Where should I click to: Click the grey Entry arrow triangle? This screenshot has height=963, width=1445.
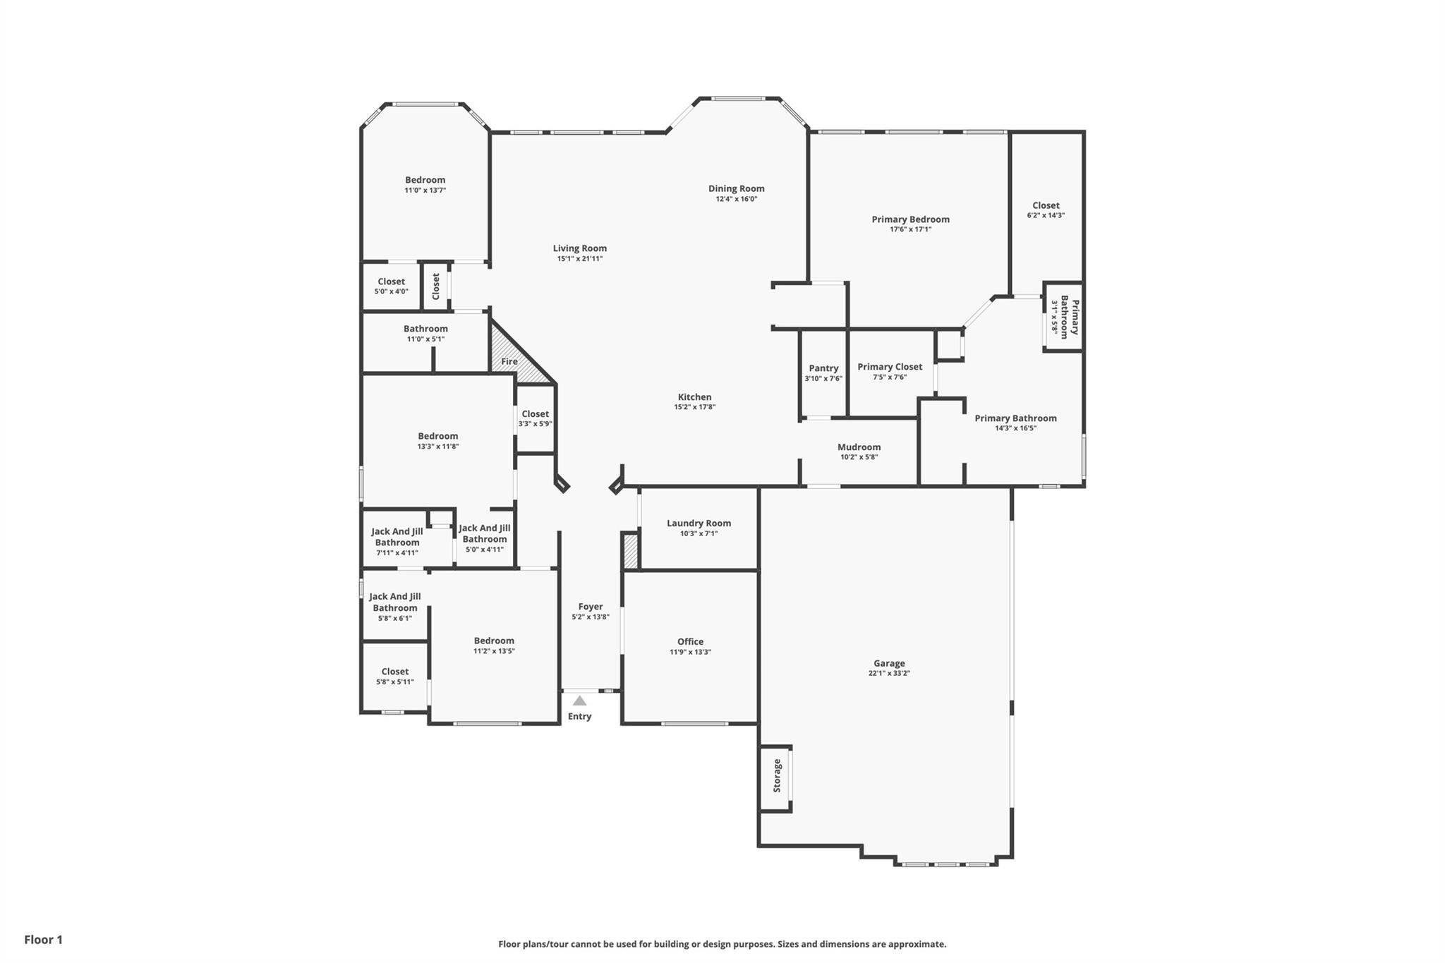click(x=579, y=701)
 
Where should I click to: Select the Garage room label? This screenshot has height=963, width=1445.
click(x=889, y=663)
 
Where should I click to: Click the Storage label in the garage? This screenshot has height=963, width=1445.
click(x=778, y=775)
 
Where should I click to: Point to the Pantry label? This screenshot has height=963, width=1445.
click(x=823, y=368)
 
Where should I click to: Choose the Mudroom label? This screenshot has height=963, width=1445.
click(x=859, y=447)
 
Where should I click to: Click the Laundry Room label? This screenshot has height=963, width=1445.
click(x=699, y=523)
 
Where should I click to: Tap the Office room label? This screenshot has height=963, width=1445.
click(x=690, y=641)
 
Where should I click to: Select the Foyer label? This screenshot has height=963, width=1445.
click(x=591, y=607)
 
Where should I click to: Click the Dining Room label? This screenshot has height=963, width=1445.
click(x=737, y=188)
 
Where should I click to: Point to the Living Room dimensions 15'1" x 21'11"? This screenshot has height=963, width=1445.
click(x=580, y=259)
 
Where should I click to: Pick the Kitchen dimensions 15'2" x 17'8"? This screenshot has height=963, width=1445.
click(x=695, y=407)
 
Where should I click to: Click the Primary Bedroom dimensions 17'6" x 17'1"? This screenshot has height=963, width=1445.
click(x=911, y=229)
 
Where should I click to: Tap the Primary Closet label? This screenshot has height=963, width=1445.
click(x=890, y=367)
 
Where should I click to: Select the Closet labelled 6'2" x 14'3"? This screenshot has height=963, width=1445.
click(x=1046, y=205)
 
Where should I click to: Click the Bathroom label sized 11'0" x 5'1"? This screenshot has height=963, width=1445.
click(x=425, y=329)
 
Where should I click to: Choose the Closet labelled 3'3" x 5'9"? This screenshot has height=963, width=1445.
click(x=535, y=414)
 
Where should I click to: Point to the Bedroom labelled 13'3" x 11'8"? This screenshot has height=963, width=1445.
click(x=437, y=436)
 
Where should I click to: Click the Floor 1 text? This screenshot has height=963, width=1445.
click(x=44, y=940)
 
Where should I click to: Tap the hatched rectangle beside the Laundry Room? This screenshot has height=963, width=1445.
click(x=630, y=551)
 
